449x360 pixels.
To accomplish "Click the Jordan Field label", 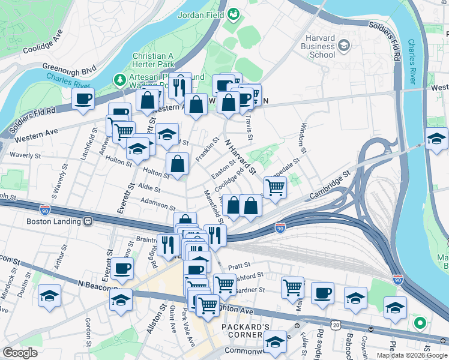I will click(200, 14).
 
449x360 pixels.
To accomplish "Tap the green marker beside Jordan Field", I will click(233, 14).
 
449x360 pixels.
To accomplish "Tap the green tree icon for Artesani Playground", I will click(120, 79).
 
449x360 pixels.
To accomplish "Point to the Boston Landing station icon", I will click(88, 220).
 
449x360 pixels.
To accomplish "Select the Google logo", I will click(20, 353).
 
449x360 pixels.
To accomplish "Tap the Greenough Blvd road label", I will click(69, 69).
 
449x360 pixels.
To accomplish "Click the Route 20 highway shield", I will click(334, 325).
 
